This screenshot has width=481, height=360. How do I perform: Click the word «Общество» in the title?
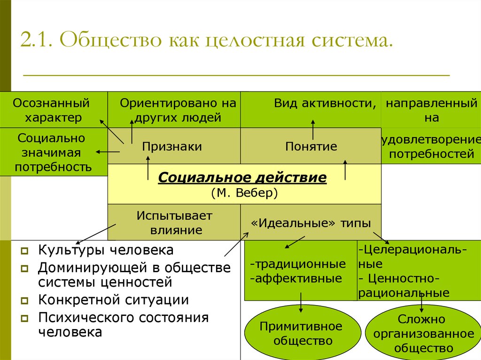[x=110, y=40]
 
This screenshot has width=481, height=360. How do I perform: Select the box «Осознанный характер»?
[x=54, y=109]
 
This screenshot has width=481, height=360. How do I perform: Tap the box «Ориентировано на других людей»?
[x=174, y=109]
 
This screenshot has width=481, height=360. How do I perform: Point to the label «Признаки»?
[x=172, y=146]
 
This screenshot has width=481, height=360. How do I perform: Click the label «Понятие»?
[x=311, y=146]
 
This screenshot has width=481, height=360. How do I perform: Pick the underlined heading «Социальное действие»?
[x=242, y=177]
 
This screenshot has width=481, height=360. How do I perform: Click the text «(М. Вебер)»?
[x=244, y=192]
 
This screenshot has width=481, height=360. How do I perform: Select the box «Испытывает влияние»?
[x=174, y=222]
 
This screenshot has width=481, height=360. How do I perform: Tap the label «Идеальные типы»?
[x=311, y=223]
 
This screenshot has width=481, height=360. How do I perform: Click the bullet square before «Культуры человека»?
[x=24, y=251]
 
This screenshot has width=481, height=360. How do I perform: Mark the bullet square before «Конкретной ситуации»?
[x=24, y=300]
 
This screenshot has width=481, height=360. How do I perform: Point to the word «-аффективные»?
[x=296, y=278]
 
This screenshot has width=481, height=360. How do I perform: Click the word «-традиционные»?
[x=298, y=264]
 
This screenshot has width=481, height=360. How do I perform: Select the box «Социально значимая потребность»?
[x=54, y=152]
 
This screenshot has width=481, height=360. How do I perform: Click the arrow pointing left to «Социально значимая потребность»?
[x=108, y=152]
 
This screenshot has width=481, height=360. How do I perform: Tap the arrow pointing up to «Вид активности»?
[x=313, y=130]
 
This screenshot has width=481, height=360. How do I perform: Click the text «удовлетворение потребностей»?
[x=431, y=146]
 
